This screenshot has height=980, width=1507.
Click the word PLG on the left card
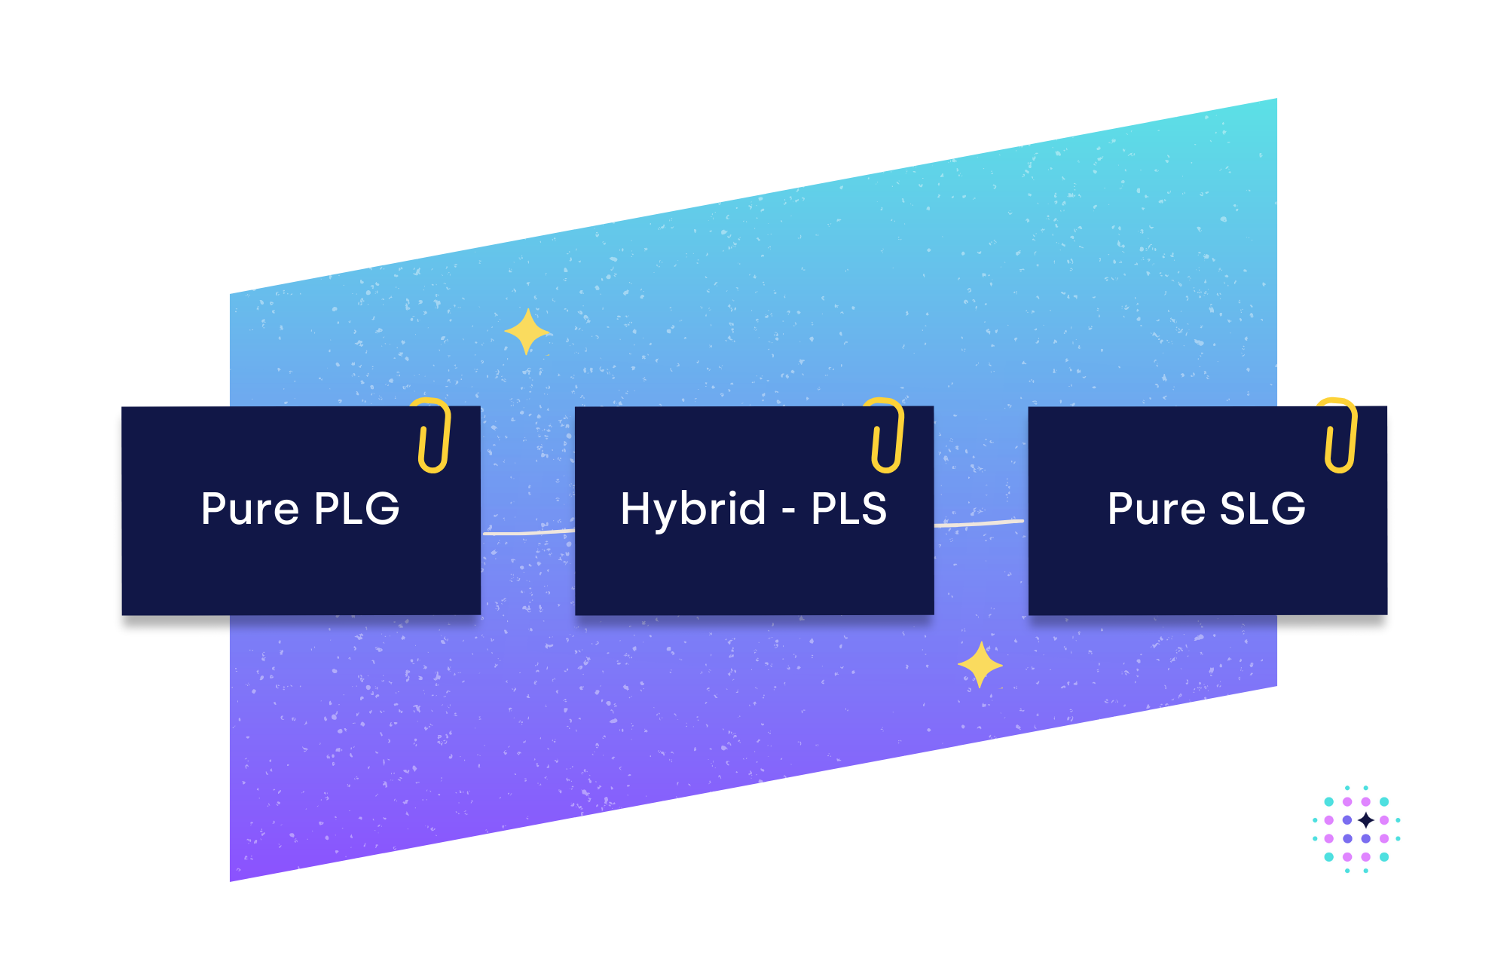point(356,508)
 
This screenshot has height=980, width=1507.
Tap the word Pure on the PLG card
point(250,508)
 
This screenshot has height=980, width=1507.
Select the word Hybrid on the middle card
point(692,508)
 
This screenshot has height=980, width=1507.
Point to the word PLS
point(848,508)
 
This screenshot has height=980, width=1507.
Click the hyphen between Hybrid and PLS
point(788,511)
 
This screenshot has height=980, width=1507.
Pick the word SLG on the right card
point(1262,508)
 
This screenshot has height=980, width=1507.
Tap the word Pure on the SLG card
point(1157,508)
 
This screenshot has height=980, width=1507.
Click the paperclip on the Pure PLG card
point(435,436)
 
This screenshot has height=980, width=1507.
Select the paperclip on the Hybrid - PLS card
point(888,436)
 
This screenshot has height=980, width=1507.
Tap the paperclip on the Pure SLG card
point(1341,436)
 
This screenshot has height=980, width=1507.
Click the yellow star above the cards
point(527,332)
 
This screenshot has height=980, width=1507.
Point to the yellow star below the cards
point(980,665)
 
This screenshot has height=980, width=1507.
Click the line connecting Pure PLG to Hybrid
point(527,532)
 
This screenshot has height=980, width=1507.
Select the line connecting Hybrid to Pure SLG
point(980,522)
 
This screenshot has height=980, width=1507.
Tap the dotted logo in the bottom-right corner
point(1356,829)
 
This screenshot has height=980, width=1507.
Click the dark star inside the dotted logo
point(1365,820)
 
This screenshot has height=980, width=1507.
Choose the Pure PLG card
point(301,573)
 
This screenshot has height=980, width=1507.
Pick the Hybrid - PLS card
point(753,573)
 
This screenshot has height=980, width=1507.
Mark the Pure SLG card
point(1207,573)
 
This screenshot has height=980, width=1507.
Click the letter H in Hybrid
point(635,508)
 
